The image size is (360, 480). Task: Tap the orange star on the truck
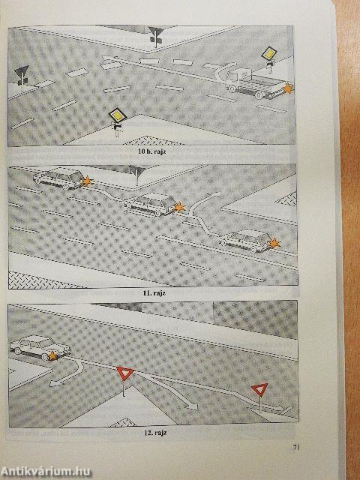(x=288, y=88)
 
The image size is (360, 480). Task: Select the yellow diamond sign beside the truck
(x=269, y=53)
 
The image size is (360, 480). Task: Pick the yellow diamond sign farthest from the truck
(x=118, y=115)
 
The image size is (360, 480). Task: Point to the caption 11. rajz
(x=154, y=292)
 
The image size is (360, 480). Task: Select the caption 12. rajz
(x=155, y=433)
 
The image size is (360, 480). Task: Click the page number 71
(x=295, y=448)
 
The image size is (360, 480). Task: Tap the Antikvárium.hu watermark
(x=46, y=471)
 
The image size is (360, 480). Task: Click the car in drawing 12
(x=40, y=347)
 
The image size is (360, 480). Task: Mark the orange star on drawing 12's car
(x=53, y=355)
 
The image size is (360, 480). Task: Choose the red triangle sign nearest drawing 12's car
(x=125, y=373)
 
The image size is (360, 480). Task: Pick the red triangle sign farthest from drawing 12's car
(x=259, y=388)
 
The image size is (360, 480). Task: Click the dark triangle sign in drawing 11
(x=136, y=170)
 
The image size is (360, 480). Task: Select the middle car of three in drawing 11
(x=151, y=204)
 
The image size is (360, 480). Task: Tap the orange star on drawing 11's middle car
(x=179, y=208)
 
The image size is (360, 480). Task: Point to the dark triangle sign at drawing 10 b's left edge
(x=22, y=73)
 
